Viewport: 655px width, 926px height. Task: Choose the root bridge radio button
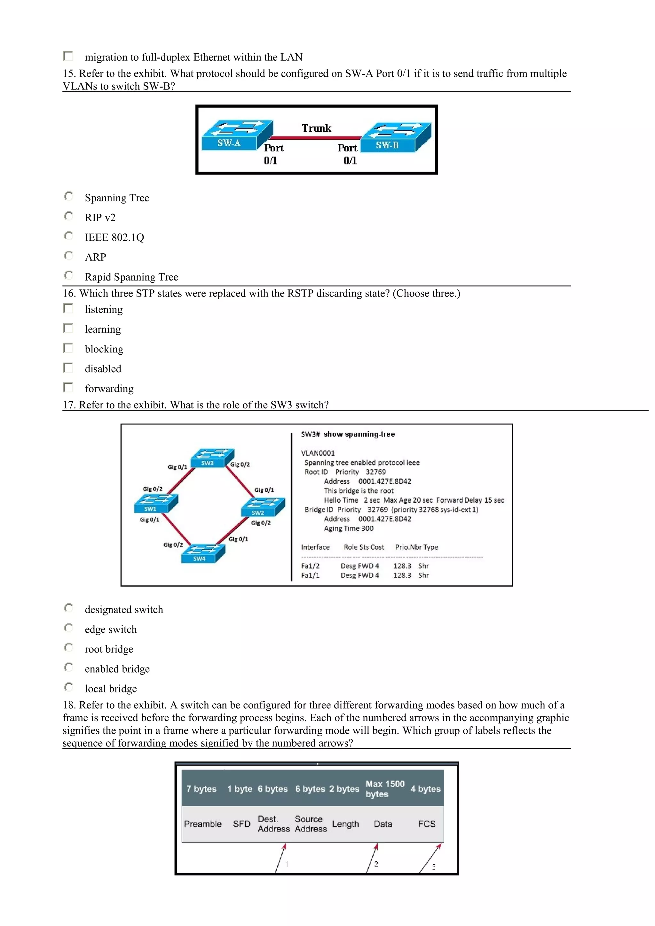point(69,647)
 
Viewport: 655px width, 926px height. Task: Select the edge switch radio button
point(69,628)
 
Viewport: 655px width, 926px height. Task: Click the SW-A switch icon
point(237,135)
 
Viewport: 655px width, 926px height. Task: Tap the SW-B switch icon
point(396,137)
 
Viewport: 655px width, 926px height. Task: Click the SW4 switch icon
point(203,553)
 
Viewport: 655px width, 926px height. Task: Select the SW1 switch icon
point(156,504)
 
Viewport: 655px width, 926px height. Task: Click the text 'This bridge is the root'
point(359,491)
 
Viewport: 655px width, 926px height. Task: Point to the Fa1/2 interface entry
point(310,566)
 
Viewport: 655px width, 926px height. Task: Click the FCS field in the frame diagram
point(427,824)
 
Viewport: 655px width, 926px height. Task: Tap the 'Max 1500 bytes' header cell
point(385,789)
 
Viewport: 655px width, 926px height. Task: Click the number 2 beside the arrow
point(376,864)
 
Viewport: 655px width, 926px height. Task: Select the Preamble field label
point(202,824)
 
